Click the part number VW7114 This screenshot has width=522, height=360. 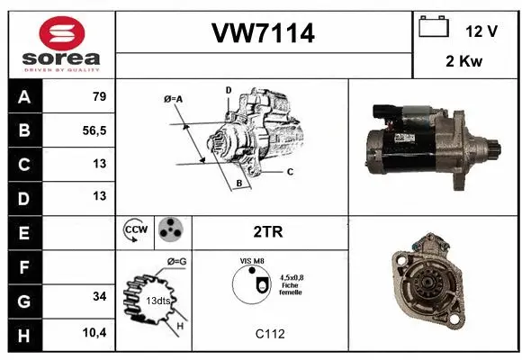[263, 34]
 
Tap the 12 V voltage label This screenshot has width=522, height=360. [481, 31]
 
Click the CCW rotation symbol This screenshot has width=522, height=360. [135, 230]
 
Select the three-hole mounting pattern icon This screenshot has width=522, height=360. [170, 230]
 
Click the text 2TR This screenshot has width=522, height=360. [268, 231]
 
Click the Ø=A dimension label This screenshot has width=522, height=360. [174, 99]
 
